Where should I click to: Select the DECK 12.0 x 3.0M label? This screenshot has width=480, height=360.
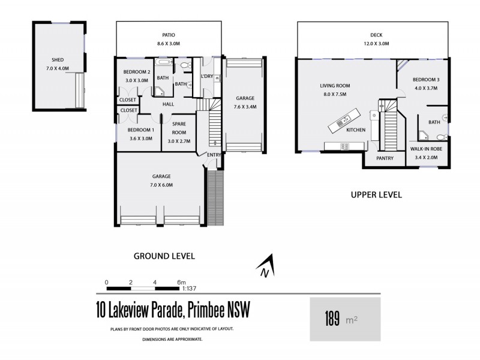click(376, 40)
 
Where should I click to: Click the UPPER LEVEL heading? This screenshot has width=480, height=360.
click(376, 194)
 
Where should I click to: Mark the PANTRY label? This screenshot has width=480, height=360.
click(384, 158)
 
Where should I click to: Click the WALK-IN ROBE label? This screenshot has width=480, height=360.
click(427, 148)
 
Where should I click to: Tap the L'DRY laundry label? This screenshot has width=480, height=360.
click(208, 77)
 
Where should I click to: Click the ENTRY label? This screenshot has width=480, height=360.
click(214, 155)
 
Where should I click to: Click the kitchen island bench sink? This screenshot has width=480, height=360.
click(343, 122)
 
